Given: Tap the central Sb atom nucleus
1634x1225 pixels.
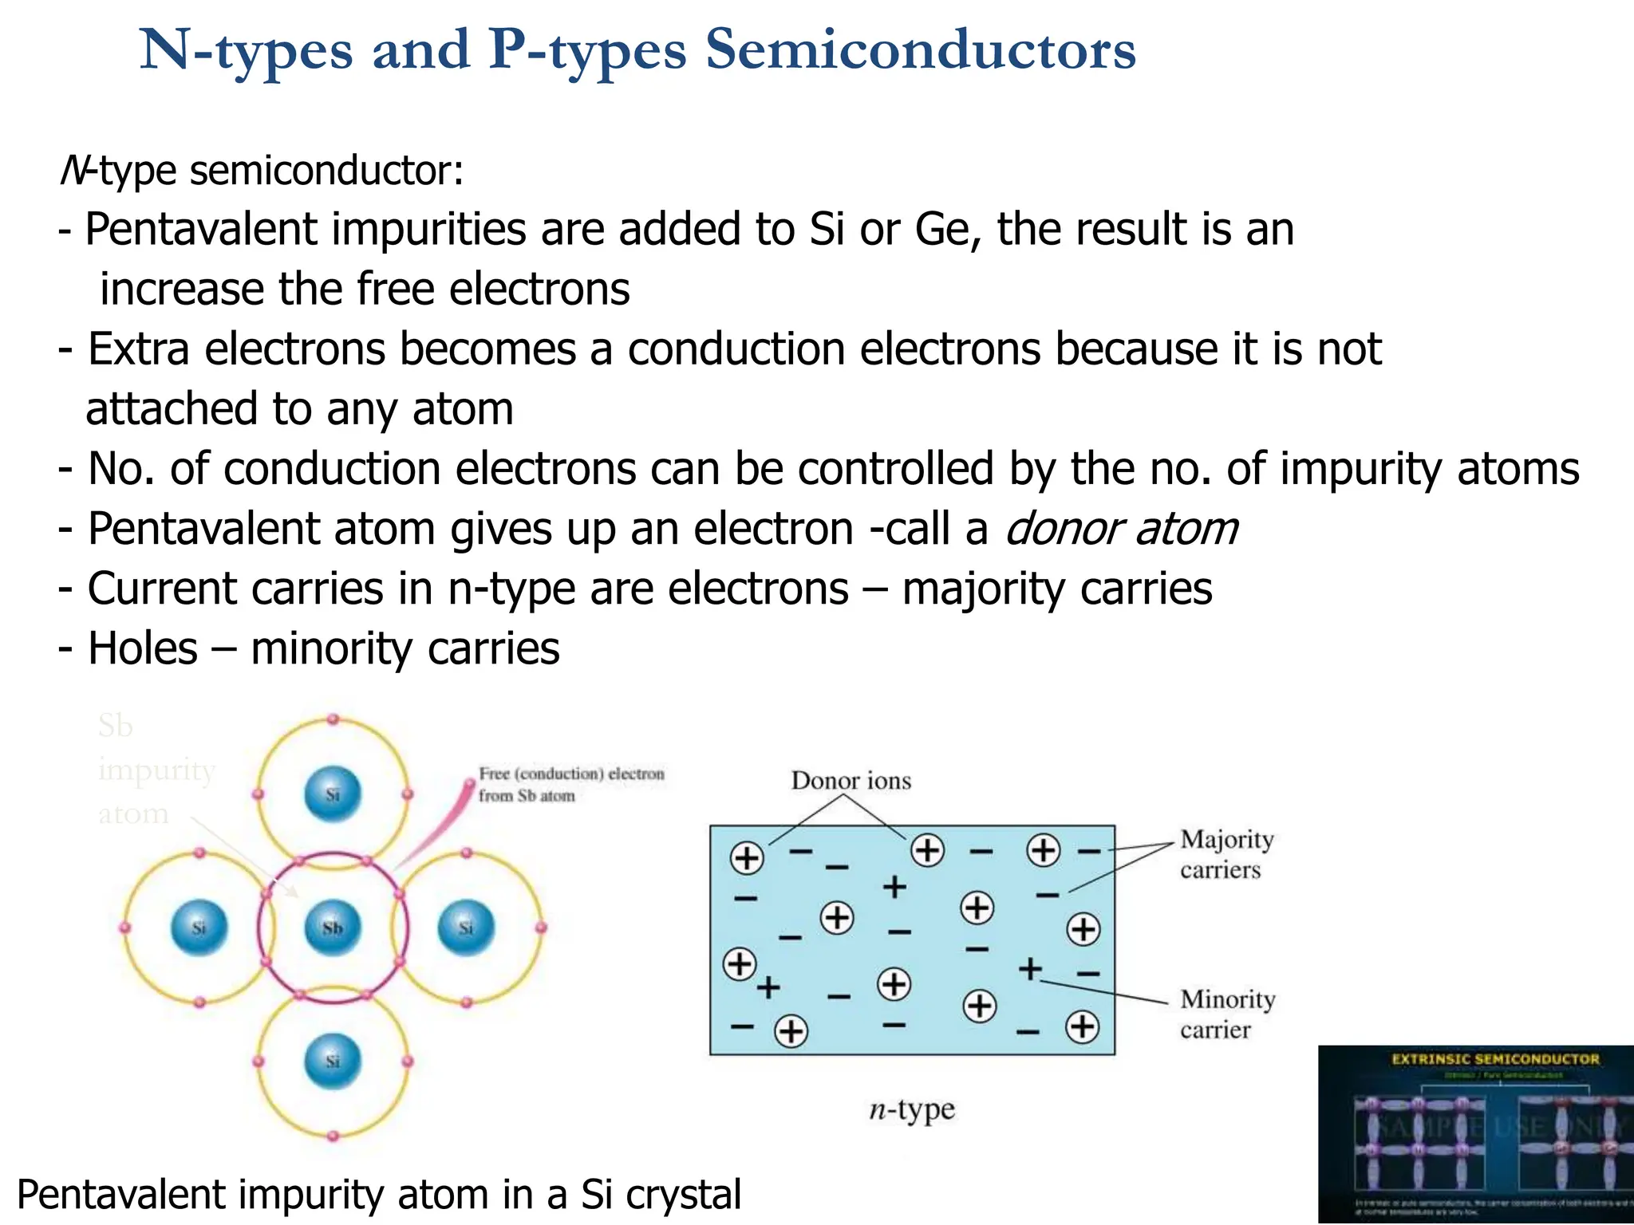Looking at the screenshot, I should point(333,928).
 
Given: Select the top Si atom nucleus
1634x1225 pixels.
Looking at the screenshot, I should point(333,794).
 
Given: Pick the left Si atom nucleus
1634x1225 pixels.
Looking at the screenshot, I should point(199,928).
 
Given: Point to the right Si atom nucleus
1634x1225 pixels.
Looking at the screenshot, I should point(467,928).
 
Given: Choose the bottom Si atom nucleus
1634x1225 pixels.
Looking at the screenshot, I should point(333,1062).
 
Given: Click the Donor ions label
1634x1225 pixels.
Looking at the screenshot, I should point(851,780).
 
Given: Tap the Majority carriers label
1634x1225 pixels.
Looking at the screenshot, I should point(1225,854).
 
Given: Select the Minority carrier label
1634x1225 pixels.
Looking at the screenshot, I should point(1227,1014).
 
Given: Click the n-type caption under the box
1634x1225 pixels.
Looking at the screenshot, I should point(912,1109).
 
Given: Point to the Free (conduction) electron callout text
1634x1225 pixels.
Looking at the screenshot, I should point(570,784).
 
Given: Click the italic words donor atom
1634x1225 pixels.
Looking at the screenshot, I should point(1121,529).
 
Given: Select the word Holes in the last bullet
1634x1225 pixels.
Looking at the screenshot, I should point(143,648).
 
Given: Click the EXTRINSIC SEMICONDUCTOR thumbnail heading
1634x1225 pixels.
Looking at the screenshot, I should point(1495,1059).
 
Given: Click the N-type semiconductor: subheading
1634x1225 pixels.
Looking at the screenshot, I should point(262,170).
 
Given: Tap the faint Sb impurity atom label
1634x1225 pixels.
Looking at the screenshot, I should point(156,770).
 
